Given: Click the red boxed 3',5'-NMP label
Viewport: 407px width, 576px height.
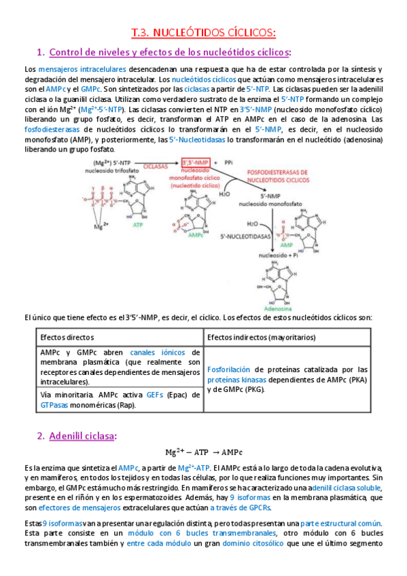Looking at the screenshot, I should click(x=196, y=162).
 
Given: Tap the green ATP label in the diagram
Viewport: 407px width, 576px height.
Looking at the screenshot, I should click(x=138, y=224).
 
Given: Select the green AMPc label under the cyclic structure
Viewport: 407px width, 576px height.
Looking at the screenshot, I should click(x=196, y=234).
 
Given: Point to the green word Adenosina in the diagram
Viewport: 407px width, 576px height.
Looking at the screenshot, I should click(x=279, y=307).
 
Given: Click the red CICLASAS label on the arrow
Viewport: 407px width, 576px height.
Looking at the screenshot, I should click(x=157, y=164).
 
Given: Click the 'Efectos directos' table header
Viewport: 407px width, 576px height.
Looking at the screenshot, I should click(x=67, y=337).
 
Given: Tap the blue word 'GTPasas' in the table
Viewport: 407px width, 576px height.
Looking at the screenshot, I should click(x=54, y=405).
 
